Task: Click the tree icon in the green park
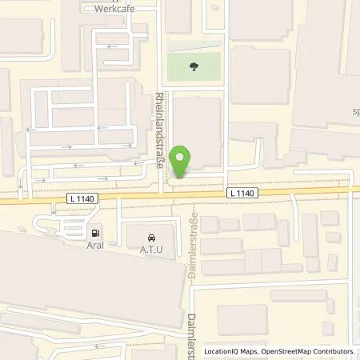click(x=194, y=67)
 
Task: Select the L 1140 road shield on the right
click(x=242, y=193)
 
